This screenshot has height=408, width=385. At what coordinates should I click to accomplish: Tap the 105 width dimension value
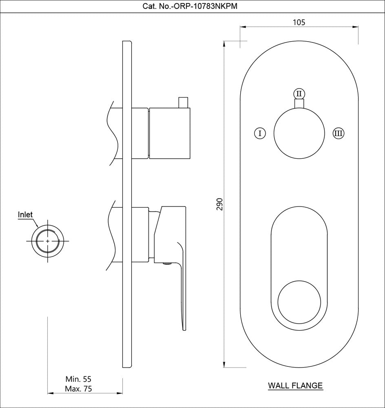tap(299, 22)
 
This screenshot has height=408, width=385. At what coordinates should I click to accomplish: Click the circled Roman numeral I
tap(259, 133)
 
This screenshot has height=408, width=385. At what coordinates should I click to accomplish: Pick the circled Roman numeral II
tap(299, 93)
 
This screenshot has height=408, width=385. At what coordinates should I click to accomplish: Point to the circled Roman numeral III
tap(338, 133)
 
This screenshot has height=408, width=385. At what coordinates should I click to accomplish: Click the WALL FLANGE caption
tap(295, 385)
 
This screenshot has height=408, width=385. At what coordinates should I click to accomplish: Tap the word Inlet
tap(25, 215)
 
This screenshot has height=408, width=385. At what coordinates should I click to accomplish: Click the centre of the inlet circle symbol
tap(48, 241)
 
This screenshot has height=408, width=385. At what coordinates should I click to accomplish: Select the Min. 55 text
tap(79, 379)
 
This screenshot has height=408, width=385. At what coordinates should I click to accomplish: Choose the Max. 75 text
tap(79, 389)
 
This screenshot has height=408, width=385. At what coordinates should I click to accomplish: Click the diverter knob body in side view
tap(169, 133)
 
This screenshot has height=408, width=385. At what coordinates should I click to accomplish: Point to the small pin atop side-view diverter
tap(183, 102)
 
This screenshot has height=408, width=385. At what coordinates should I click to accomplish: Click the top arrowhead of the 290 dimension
tap(225, 44)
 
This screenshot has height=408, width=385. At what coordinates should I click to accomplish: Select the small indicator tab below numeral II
tap(299, 104)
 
